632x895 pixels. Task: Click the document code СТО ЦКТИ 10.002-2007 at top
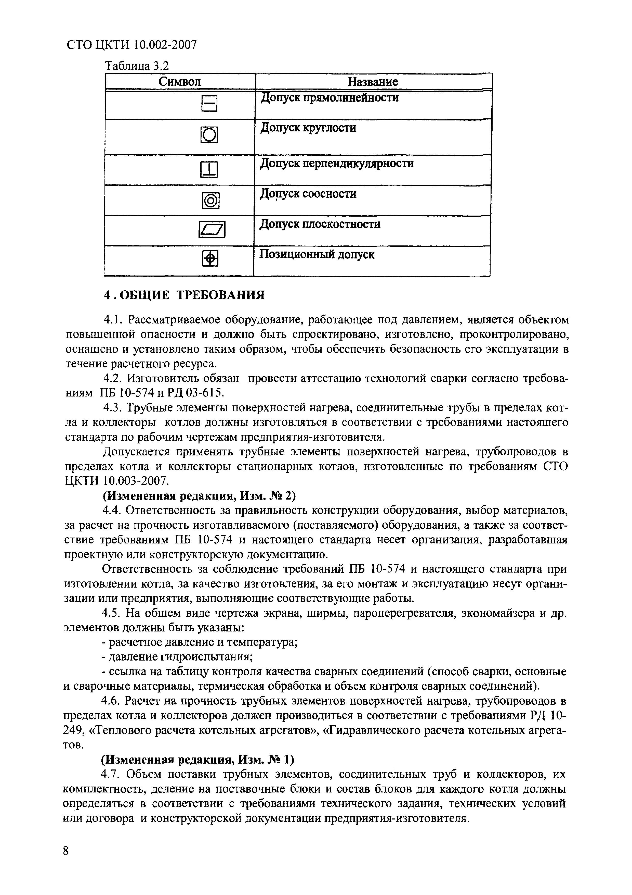[131, 45]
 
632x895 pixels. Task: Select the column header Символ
[180, 82]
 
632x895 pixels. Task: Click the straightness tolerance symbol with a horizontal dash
[209, 104]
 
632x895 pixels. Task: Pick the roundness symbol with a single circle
[209, 135]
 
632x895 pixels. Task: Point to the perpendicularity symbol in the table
[209, 170]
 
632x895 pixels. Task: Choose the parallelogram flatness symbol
[212, 230]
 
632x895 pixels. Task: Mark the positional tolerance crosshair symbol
[210, 258]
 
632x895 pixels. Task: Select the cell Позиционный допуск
[317, 255]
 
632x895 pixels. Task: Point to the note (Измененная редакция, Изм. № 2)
[199, 496]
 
